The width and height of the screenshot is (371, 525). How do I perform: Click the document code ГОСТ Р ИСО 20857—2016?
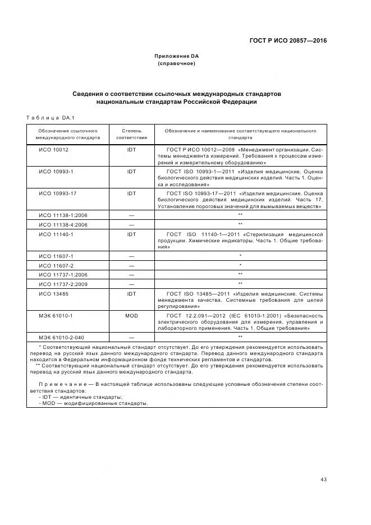tap(288, 41)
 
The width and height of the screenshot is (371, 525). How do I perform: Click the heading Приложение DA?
tap(177, 56)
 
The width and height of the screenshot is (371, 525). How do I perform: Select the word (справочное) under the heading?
tap(177, 63)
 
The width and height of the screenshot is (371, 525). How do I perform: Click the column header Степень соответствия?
tap(131, 133)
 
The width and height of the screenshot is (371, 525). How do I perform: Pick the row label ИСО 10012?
tap(53, 150)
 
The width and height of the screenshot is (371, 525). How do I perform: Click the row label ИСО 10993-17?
tap(57, 193)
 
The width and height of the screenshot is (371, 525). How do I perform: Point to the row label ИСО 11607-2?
tap(56, 265)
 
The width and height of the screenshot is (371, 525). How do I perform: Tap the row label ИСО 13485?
tap(53, 293)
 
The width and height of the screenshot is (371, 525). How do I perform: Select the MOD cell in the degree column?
tap(131, 316)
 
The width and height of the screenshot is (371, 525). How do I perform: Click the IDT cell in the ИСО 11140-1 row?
tap(131, 234)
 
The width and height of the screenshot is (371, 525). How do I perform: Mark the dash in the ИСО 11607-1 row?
tap(131, 256)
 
